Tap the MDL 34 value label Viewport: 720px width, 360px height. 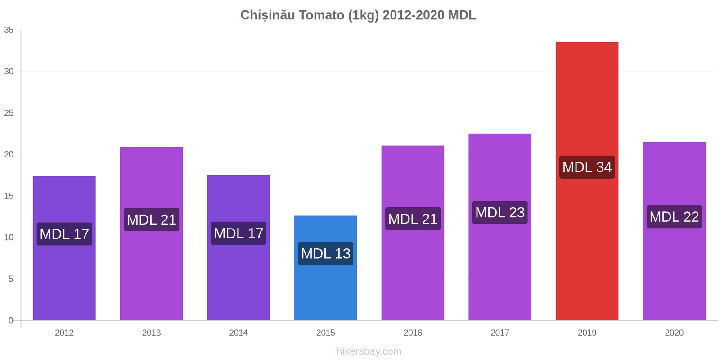(x=587, y=167)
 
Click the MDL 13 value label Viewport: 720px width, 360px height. (x=325, y=253)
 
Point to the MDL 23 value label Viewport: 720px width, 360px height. (x=499, y=212)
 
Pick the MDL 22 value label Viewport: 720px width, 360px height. (x=674, y=217)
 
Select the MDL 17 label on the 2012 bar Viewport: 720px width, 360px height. (x=64, y=234)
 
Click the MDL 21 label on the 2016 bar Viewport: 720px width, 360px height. (x=413, y=219)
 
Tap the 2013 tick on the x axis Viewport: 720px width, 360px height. (x=151, y=333)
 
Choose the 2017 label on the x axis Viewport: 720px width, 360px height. (x=499, y=333)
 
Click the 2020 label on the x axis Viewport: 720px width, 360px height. (x=674, y=333)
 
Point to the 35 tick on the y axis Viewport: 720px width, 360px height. (x=9, y=30)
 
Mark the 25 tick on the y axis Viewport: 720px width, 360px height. (x=9, y=113)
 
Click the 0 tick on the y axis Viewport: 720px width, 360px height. (x=11, y=320)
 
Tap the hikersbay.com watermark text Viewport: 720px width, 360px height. (x=369, y=351)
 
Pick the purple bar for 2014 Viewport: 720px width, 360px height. (x=238, y=279)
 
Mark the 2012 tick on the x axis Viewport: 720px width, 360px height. (x=64, y=333)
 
